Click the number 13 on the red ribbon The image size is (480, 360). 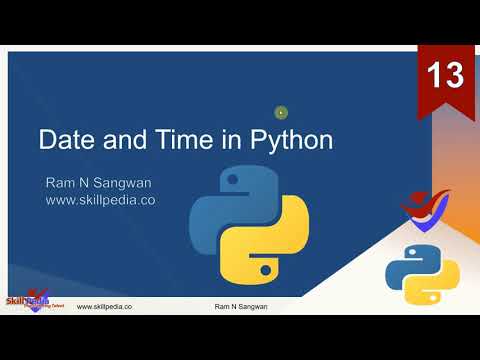point(445,75)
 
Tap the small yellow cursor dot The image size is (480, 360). point(281,113)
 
